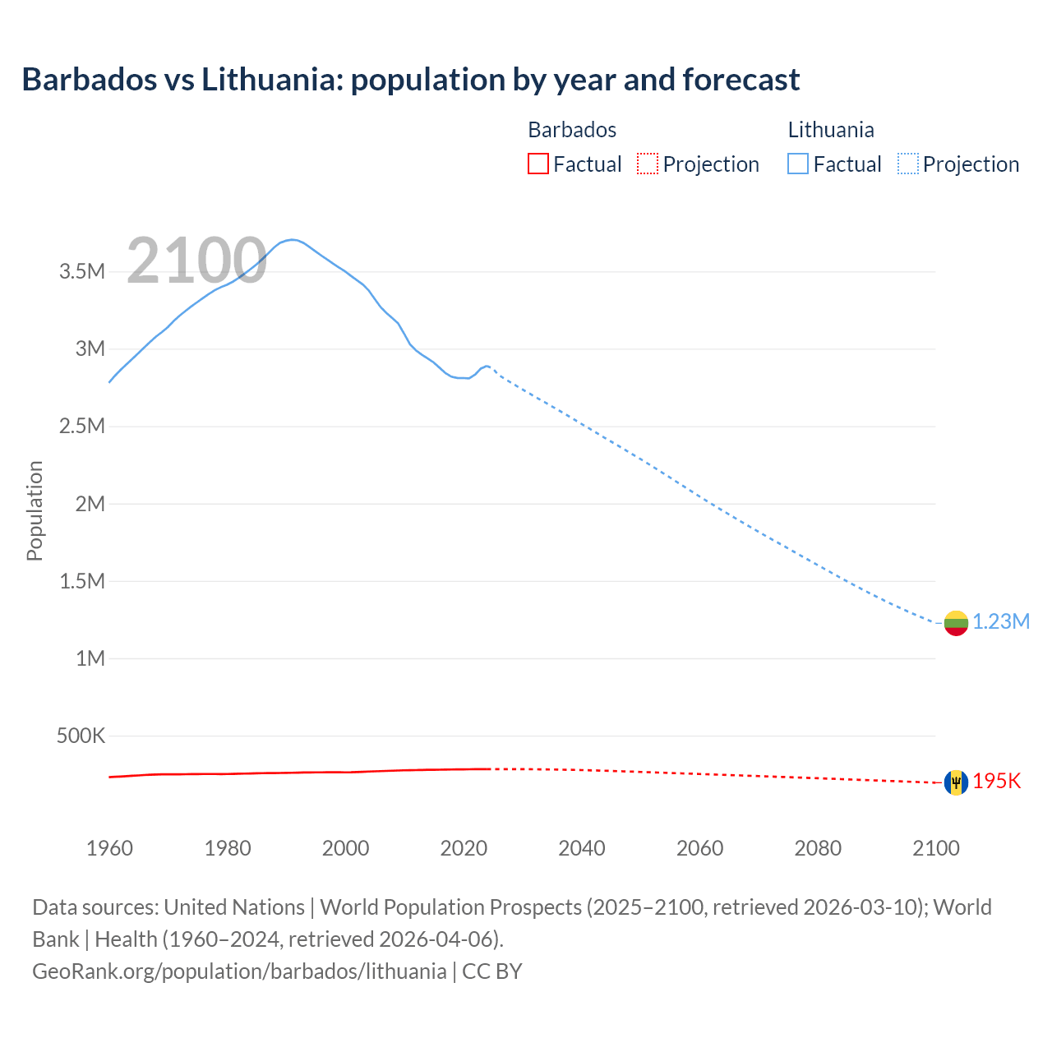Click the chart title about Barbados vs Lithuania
click(x=410, y=80)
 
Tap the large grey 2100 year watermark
click(x=196, y=261)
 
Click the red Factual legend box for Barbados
click(x=538, y=164)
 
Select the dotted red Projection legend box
click(x=648, y=164)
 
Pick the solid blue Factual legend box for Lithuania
click(x=798, y=164)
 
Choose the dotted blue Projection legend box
click(x=907, y=164)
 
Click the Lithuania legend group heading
click(x=830, y=130)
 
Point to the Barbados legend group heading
click(x=571, y=130)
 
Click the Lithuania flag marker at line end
click(x=955, y=623)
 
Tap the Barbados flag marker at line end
click(x=955, y=782)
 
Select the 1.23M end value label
click(x=1001, y=622)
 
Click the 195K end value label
click(x=997, y=782)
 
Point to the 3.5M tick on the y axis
click(x=82, y=272)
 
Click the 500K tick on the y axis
click(x=81, y=736)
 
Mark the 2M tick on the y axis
click(x=90, y=504)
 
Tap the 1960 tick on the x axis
click(x=109, y=848)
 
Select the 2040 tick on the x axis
click(x=582, y=848)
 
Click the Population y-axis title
click(x=35, y=510)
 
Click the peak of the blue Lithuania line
click(x=292, y=239)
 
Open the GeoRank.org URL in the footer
click(x=239, y=971)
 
